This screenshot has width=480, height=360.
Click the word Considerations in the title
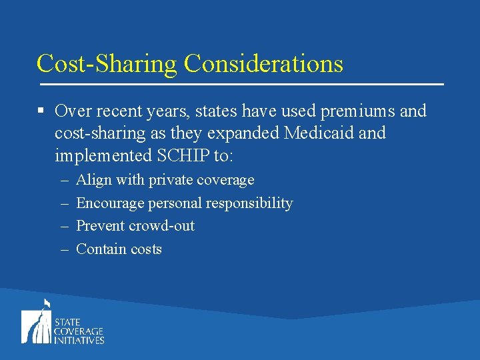(263, 63)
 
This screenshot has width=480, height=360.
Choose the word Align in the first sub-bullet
(92, 180)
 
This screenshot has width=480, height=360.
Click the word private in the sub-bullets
(170, 180)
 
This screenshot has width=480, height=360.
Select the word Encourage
(110, 203)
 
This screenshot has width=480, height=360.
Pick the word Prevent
(100, 226)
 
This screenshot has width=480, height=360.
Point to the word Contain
(101, 249)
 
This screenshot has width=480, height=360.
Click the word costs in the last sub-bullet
(146, 249)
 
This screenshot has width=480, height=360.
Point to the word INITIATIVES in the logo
(79, 340)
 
